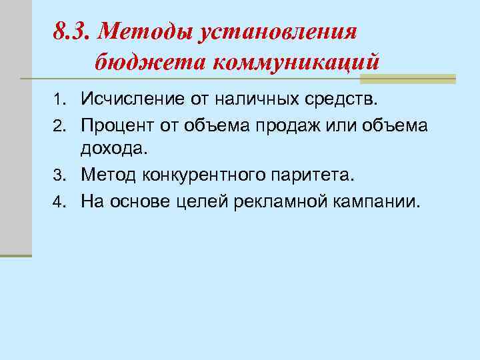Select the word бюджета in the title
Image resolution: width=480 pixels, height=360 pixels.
(x=149, y=62)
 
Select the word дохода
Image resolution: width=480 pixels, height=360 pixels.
(x=111, y=151)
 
